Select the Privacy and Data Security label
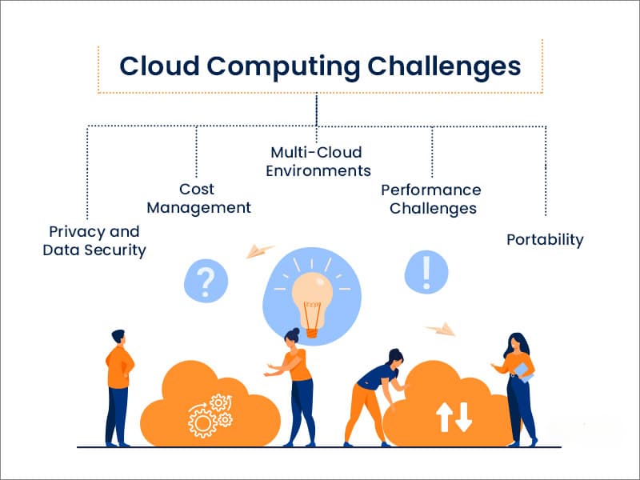94,241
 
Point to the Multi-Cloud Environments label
318,161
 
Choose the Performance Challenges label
430,199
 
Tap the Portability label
545,239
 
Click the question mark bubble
206,281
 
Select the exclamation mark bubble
426,271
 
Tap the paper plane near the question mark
259,250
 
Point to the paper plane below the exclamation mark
440,328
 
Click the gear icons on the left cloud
209,413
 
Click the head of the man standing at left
118,337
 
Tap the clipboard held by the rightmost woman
522,371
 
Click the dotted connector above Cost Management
197,152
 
